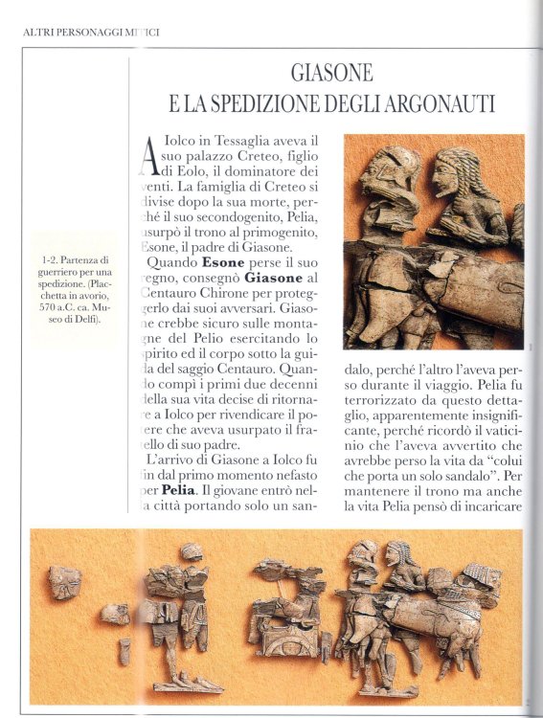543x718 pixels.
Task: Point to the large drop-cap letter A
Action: click(x=148, y=154)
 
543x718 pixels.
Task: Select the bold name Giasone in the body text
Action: click(x=243, y=277)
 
